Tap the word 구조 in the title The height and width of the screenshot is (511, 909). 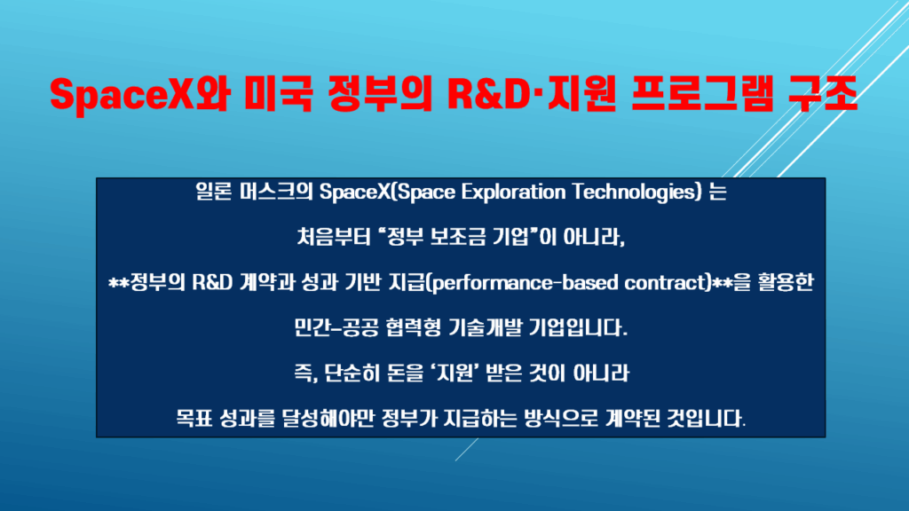(823, 94)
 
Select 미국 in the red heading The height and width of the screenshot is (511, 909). (278, 94)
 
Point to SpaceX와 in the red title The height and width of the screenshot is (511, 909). (139, 94)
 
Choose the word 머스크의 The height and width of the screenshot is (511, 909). (276, 192)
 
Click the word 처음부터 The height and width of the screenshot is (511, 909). (334, 237)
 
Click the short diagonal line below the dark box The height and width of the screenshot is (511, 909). (467, 449)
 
